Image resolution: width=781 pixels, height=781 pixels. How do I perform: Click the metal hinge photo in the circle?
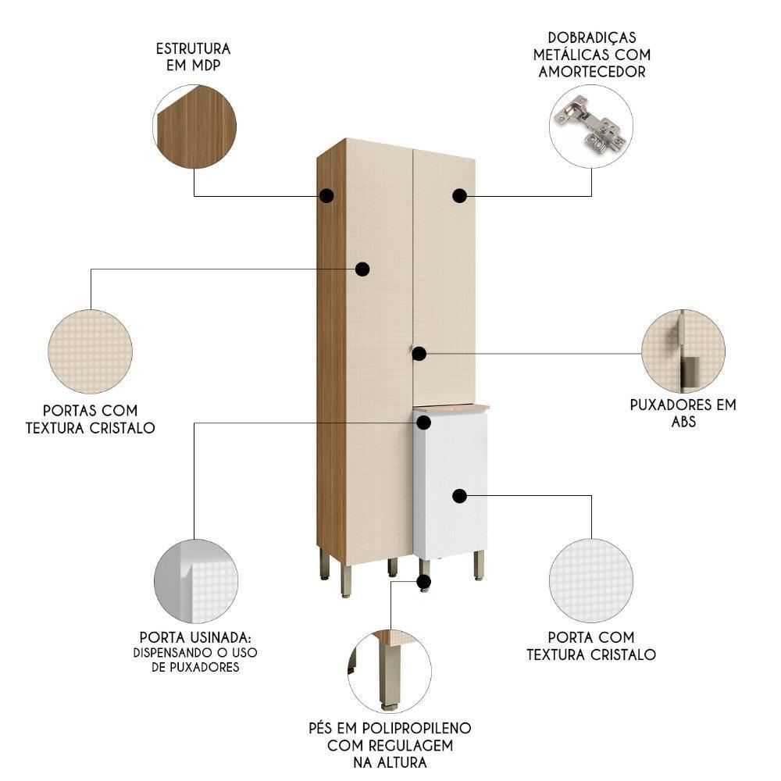pos(590,126)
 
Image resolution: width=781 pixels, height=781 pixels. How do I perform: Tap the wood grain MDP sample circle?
pos(195,127)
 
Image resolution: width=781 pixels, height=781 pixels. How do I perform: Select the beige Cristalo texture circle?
pos(90,351)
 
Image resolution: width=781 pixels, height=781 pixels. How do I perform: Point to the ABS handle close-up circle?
pos(683,351)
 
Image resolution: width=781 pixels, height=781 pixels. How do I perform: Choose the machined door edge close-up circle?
pos(195,581)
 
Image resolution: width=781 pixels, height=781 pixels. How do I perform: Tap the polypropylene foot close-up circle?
pos(389,671)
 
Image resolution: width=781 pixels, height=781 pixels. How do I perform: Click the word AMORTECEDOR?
pos(591,72)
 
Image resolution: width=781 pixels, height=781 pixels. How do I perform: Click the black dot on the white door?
pos(459,496)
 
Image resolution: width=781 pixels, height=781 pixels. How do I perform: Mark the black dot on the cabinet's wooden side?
pos(326,195)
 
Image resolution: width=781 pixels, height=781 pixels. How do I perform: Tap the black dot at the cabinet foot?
pos(424,582)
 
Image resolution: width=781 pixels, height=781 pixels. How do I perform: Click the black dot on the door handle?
pos(419,354)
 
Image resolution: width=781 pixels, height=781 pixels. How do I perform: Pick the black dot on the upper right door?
pos(459,195)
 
